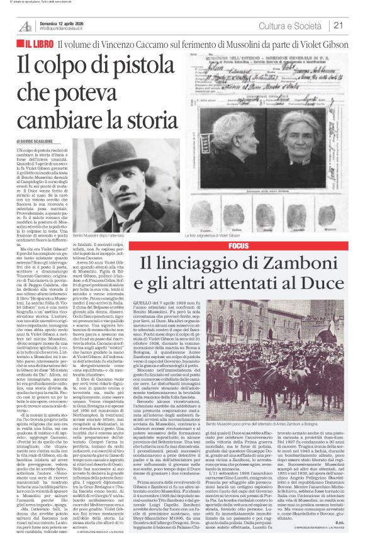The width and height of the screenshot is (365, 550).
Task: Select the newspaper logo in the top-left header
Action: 25,26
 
